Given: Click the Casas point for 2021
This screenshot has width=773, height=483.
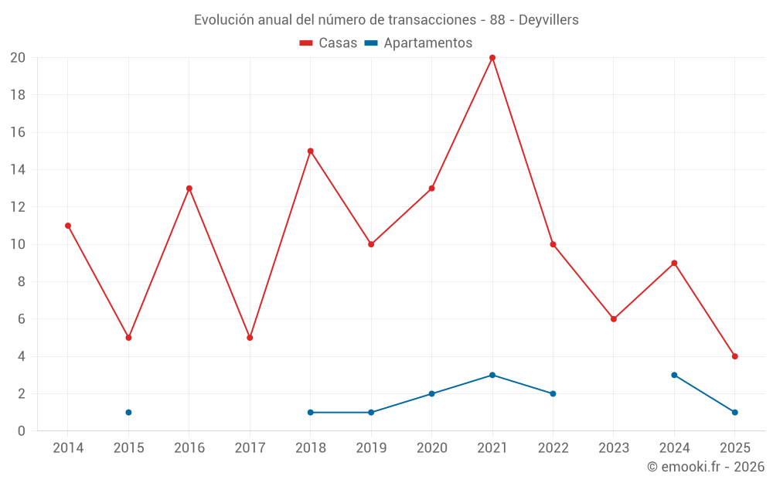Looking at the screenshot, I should click(x=492, y=58).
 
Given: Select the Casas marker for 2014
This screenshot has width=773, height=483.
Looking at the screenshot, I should click(x=68, y=226).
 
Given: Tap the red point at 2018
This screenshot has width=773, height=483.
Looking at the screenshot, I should click(x=311, y=151).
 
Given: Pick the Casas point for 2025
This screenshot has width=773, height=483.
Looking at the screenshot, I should click(x=735, y=356).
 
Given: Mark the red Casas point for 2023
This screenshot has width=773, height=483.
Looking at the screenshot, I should click(x=614, y=319).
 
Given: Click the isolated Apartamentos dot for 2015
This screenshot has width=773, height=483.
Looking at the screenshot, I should click(x=128, y=413).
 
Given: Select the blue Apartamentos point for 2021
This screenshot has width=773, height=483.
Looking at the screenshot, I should click(x=492, y=376).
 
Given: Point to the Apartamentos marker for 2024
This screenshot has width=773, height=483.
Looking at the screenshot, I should click(x=674, y=376).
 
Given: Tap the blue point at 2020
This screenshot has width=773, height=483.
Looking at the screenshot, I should click(x=431, y=394).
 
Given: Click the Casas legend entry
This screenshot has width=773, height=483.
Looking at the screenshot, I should click(x=329, y=43).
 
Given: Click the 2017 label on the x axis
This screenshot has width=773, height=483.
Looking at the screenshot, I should click(x=250, y=448).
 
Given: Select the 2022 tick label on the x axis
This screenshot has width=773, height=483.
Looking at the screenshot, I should click(x=553, y=448).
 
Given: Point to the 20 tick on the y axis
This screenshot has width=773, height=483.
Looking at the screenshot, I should click(x=18, y=58).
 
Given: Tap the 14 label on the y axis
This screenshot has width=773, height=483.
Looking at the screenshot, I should click(x=18, y=170).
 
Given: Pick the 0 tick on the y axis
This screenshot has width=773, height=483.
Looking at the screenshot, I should click(x=22, y=431).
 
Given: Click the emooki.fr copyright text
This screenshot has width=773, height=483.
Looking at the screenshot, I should click(x=706, y=467).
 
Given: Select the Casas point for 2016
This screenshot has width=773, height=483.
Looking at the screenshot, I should click(x=189, y=189).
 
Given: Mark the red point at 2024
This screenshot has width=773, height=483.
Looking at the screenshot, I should click(x=674, y=264).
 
